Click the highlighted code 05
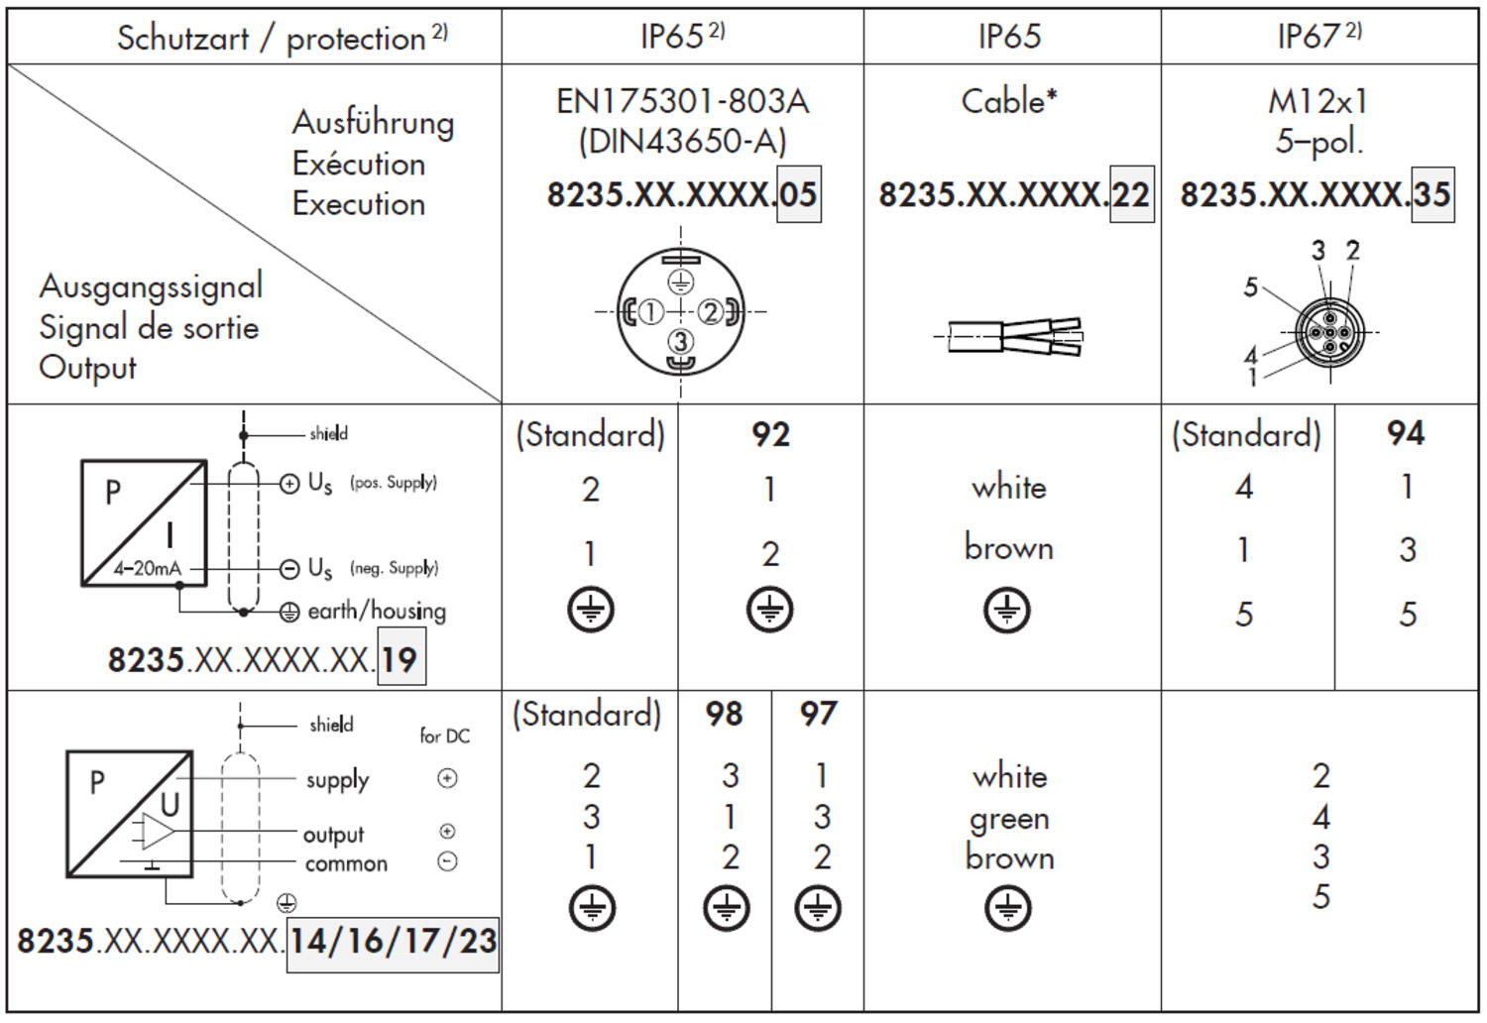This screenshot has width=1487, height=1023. tap(799, 194)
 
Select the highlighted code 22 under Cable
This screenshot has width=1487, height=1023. tap(1131, 194)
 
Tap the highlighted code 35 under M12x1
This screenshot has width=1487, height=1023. tap(1432, 194)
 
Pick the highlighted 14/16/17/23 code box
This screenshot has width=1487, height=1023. tap(393, 944)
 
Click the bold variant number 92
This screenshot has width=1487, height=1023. tap(770, 435)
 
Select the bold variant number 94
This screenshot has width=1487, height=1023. tap(1406, 433)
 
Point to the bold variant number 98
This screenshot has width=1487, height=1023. tap(725, 715)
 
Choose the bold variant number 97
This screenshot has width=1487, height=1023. tap(818, 715)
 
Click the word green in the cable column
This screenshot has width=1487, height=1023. tap(1009, 819)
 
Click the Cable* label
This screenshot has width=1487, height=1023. tap(1009, 101)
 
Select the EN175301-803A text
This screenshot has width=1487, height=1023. tap(682, 101)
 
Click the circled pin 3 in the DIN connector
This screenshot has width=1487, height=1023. tap(680, 342)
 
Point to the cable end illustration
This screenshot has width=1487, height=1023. tap(1009, 336)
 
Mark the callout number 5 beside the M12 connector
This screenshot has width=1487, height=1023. tap(1251, 287)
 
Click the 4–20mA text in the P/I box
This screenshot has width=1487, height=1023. tap(147, 568)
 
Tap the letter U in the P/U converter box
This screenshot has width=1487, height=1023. tap(170, 805)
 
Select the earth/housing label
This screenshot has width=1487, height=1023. tap(377, 610)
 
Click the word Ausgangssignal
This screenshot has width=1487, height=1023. tap(151, 287)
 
